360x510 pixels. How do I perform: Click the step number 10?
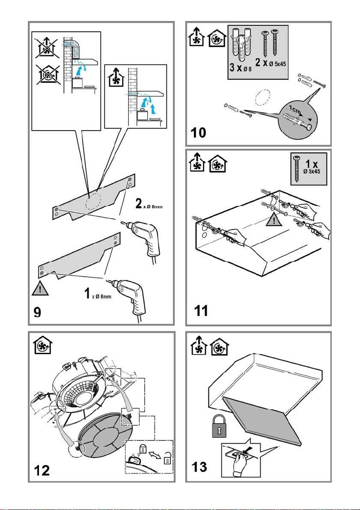[199, 133]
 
